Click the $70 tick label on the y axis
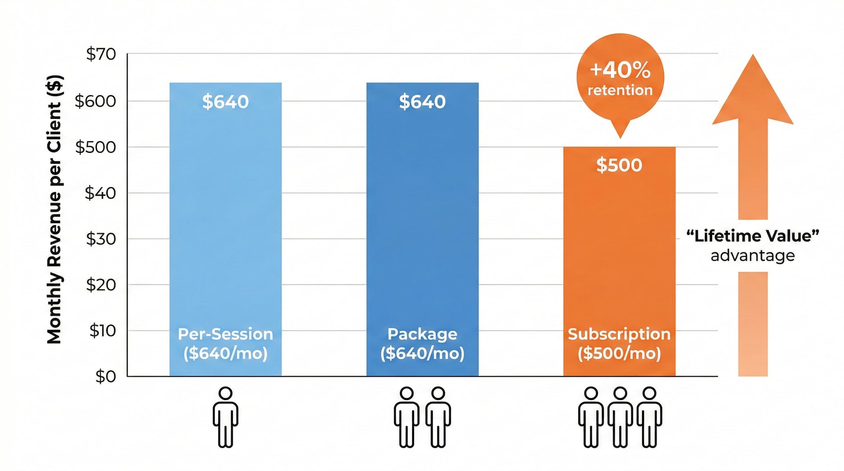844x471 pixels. (x=101, y=54)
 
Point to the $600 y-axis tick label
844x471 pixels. (x=95, y=101)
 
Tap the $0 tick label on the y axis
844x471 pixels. (x=105, y=377)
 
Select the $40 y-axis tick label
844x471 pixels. (x=100, y=193)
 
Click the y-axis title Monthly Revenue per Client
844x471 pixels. (x=55, y=210)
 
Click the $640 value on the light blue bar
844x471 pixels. (x=226, y=102)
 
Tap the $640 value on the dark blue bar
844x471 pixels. (x=422, y=102)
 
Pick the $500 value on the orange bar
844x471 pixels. (x=619, y=165)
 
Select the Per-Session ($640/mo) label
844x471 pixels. (x=226, y=344)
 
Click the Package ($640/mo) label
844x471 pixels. (x=422, y=344)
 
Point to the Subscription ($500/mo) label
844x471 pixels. (x=619, y=344)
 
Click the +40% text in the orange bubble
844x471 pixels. (x=620, y=70)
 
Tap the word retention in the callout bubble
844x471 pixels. (x=620, y=90)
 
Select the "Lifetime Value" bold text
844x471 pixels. (x=753, y=236)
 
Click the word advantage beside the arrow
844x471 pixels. (x=753, y=255)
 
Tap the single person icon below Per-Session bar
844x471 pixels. (x=226, y=417)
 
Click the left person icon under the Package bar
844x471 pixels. (x=407, y=417)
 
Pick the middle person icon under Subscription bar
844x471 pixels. (x=620, y=417)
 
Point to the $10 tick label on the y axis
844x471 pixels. (x=103, y=330)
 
